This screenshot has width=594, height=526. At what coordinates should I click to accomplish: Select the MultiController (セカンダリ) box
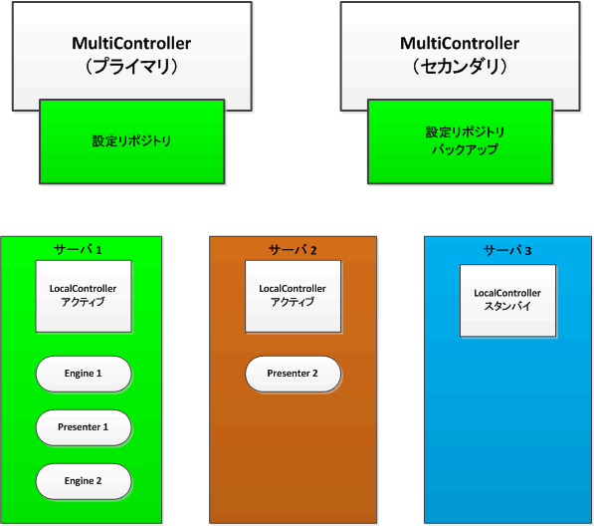pyautogui.click(x=460, y=45)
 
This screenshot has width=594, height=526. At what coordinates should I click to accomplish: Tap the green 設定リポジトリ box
pyautogui.click(x=131, y=141)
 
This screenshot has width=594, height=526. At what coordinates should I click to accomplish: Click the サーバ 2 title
pyautogui.click(x=293, y=248)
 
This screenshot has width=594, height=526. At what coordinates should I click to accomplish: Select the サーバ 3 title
pyautogui.click(x=507, y=249)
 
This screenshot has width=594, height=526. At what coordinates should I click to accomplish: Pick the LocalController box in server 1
pyautogui.click(x=84, y=296)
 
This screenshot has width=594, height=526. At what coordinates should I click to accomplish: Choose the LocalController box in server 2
pyautogui.click(x=293, y=296)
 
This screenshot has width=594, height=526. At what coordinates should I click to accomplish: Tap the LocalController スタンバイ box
pyautogui.click(x=507, y=300)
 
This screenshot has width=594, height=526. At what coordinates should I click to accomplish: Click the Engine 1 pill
pyautogui.click(x=84, y=374)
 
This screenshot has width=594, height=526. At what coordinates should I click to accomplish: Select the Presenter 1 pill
pyautogui.click(x=84, y=427)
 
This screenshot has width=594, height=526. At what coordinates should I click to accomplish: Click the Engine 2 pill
pyautogui.click(x=84, y=481)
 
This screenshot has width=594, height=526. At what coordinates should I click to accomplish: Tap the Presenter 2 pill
pyautogui.click(x=293, y=374)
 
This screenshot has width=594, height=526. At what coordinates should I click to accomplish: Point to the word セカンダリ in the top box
pyautogui.click(x=460, y=67)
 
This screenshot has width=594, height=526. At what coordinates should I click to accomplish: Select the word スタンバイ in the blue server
pyautogui.click(x=507, y=307)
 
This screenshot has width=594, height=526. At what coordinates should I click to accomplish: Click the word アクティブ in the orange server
pyautogui.click(x=293, y=302)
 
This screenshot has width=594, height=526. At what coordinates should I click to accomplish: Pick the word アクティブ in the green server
pyautogui.click(x=84, y=302)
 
